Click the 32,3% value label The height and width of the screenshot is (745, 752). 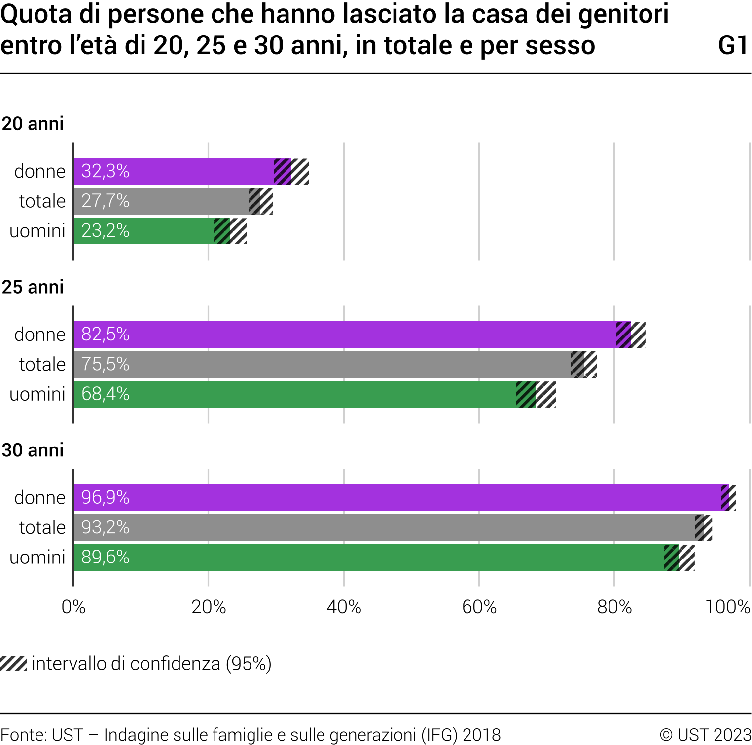(x=105, y=171)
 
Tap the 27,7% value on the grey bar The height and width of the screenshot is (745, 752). (x=105, y=201)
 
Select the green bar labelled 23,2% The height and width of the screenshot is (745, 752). (x=148, y=231)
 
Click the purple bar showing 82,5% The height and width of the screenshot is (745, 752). (x=345, y=335)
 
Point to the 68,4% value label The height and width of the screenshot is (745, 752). (x=105, y=394)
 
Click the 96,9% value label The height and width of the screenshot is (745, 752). (x=105, y=497)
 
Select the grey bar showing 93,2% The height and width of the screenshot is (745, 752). (x=385, y=527)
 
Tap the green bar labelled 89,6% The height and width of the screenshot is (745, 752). (x=370, y=558)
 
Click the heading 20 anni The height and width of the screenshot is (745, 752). (x=33, y=124)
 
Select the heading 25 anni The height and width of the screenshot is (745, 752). (x=33, y=287)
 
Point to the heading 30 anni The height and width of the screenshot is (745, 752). (x=33, y=450)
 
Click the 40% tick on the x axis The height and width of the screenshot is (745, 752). (x=344, y=607)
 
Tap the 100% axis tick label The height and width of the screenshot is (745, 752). (x=727, y=607)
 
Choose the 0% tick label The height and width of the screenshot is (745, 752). (x=73, y=607)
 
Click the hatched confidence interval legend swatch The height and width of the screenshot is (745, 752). (x=13, y=664)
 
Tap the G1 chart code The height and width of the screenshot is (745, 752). (x=734, y=45)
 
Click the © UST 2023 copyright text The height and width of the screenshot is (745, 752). (x=705, y=735)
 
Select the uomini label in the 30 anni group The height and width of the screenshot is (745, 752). (x=37, y=558)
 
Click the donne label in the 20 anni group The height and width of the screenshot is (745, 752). (x=40, y=171)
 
